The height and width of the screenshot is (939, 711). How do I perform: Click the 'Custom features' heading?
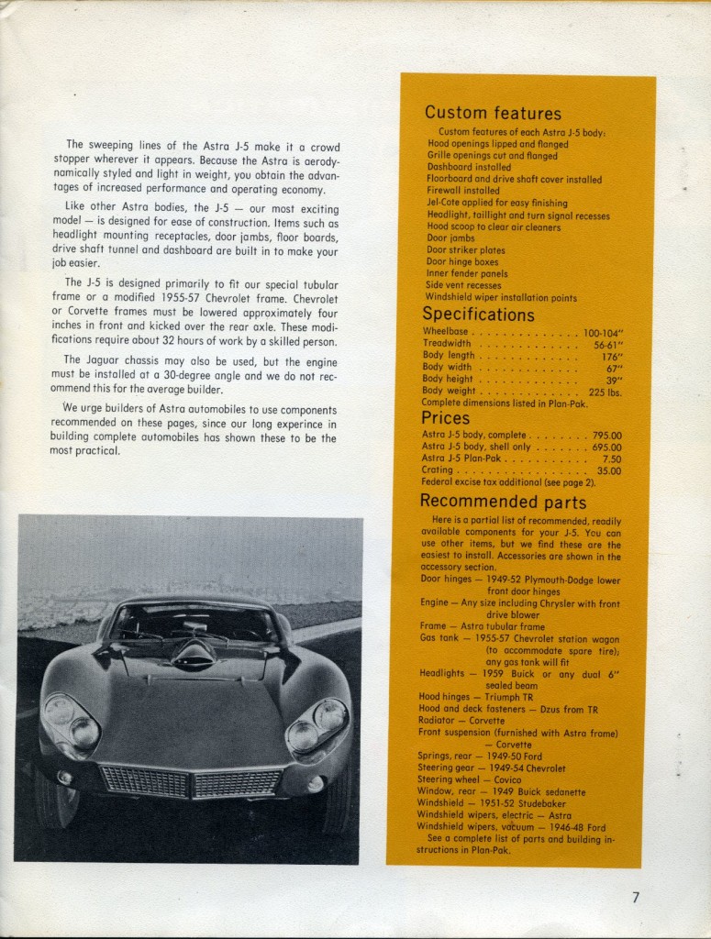point(493,114)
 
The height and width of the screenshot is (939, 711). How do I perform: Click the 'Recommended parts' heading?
point(503,502)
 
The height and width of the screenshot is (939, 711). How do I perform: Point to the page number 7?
point(636,898)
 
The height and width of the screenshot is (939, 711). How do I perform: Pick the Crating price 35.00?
point(609,470)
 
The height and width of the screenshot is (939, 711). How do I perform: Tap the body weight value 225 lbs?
point(605,392)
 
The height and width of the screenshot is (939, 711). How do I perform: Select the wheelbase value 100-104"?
point(603,332)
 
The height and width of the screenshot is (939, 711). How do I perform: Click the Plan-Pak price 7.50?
point(611,458)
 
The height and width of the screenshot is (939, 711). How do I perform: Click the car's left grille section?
point(144,780)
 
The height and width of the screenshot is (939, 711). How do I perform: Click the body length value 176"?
point(607,356)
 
